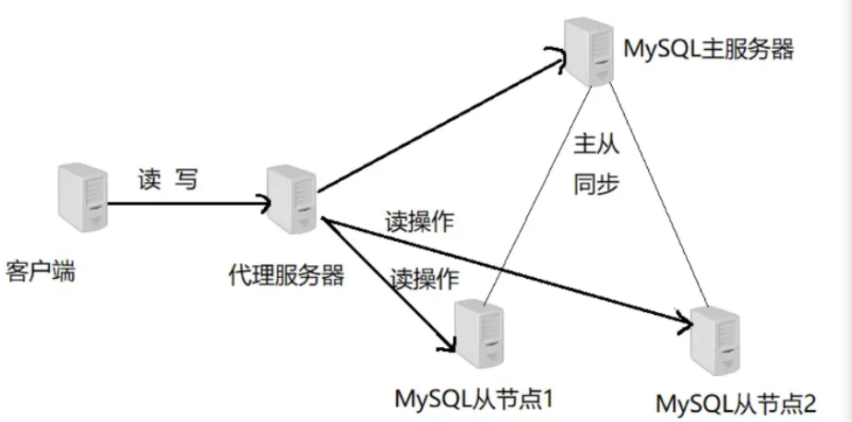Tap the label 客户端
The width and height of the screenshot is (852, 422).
(40, 273)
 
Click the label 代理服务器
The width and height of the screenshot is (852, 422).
(288, 275)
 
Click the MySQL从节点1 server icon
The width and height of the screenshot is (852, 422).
(480, 334)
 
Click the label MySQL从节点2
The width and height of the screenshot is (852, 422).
(737, 404)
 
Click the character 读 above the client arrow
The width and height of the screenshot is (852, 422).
(150, 178)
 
